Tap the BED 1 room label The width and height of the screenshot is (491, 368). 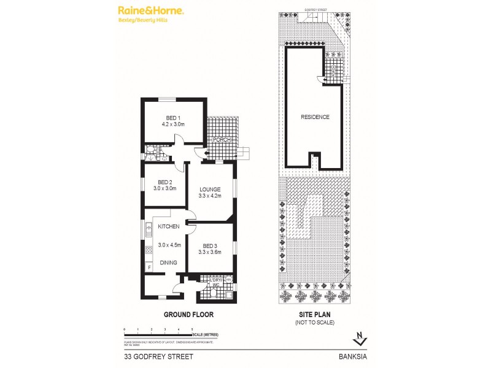pos(173,118)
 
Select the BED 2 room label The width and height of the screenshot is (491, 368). pos(164,182)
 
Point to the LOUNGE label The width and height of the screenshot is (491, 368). pos(209,189)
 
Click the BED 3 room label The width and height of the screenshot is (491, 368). pos(209,244)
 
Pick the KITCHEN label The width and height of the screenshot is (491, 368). pos(168,227)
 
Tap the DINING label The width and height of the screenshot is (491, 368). pos(168,263)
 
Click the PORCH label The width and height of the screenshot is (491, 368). pos(221,140)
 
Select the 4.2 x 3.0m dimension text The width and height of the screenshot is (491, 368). pos(173,125)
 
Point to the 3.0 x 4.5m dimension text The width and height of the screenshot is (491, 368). pos(168,245)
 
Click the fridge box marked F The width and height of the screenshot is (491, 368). pos(149,267)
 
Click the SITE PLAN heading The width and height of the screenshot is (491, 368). pos(314,314)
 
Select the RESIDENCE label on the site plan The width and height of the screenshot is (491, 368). pos(315,117)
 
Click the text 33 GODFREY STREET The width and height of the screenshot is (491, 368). pos(150,355)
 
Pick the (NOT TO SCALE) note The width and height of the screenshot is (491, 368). pos(314,322)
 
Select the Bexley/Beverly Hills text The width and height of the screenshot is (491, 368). pos(143,20)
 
